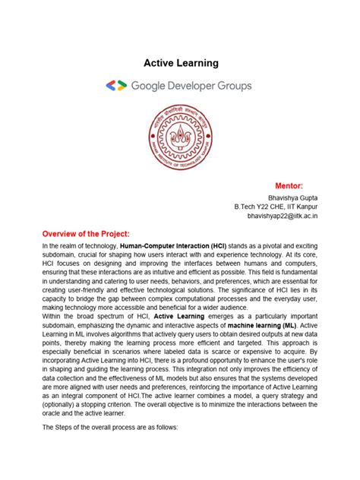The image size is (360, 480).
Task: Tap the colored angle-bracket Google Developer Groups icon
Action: (116, 86)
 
